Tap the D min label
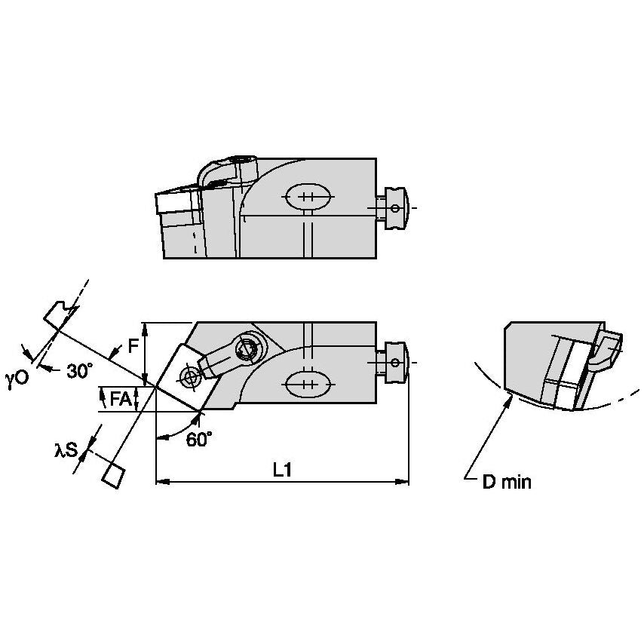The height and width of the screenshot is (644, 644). (507, 482)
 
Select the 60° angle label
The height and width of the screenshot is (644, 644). (198, 440)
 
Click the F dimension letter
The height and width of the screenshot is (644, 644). (133, 346)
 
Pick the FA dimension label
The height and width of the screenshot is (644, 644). (121, 399)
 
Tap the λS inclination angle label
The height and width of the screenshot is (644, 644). (67, 450)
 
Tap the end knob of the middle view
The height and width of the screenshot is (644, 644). (396, 360)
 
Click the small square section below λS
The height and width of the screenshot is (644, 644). (112, 476)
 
